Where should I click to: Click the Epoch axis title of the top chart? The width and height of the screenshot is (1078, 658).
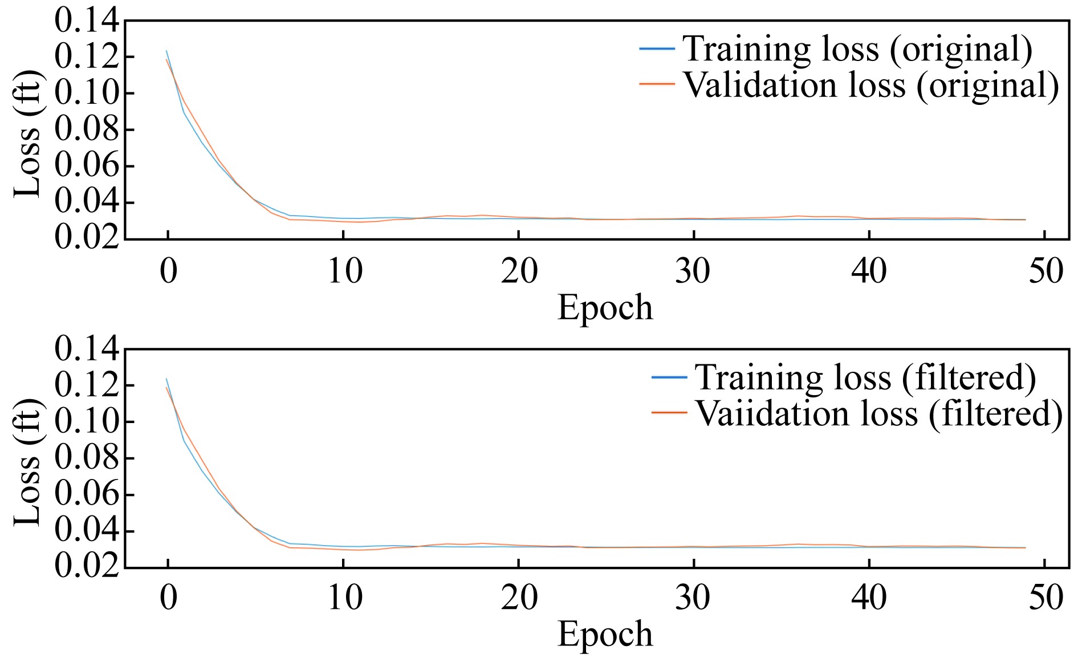[605, 308]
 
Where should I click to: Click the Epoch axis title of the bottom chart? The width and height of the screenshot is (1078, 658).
[605, 634]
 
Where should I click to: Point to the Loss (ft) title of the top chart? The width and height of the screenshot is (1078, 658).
[27, 135]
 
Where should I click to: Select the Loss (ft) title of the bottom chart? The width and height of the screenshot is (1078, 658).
[27, 462]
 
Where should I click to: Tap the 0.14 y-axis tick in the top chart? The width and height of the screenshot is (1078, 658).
[87, 21]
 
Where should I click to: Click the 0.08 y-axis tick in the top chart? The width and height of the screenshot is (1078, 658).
[87, 130]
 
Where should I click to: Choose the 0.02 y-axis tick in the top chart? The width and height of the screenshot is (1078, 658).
[87, 238]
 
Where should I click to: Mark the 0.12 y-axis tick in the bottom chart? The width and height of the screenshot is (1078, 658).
[87, 385]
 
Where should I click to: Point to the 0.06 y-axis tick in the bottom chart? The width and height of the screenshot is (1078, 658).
[87, 494]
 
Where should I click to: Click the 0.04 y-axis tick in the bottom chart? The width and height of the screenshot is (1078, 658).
[87, 531]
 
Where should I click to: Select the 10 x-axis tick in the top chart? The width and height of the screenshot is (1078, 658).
[344, 271]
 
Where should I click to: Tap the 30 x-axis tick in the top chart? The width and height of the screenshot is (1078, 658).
[693, 271]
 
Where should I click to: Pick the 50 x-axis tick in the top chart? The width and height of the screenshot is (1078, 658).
[1046, 271]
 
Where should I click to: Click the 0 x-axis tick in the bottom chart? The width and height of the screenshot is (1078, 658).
[168, 598]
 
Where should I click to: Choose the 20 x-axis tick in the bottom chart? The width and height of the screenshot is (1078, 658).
[519, 598]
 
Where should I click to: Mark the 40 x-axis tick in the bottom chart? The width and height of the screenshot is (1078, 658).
[869, 598]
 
